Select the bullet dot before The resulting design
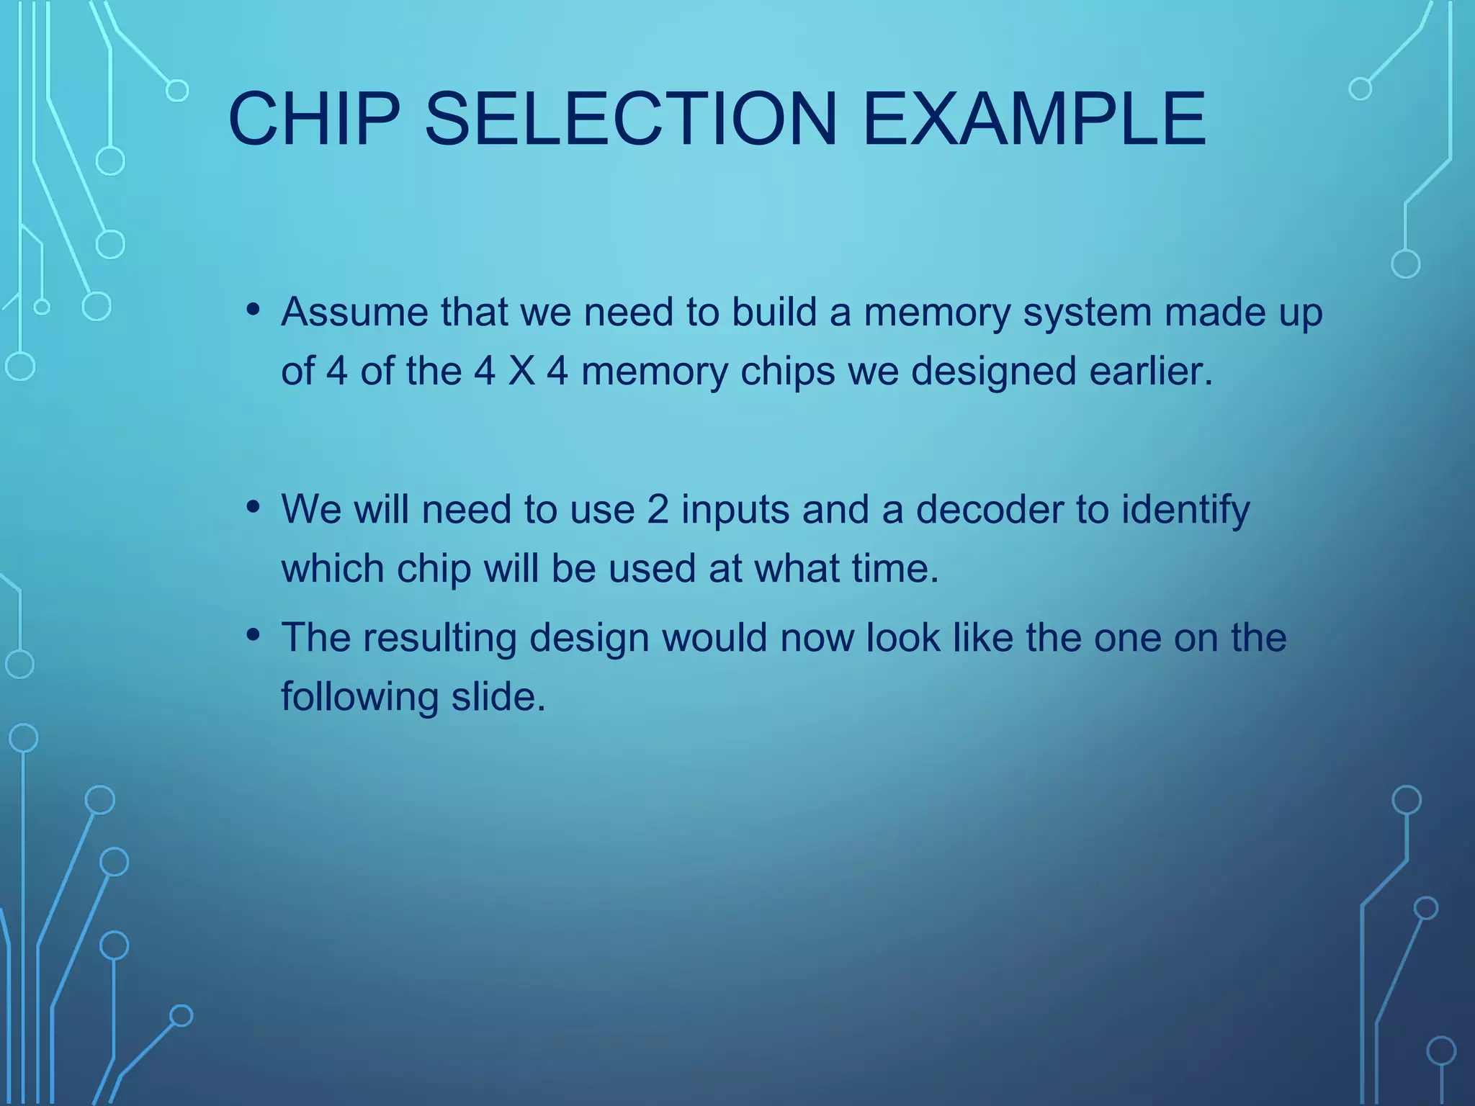(253, 635)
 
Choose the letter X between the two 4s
(521, 372)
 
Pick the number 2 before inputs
(658, 509)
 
